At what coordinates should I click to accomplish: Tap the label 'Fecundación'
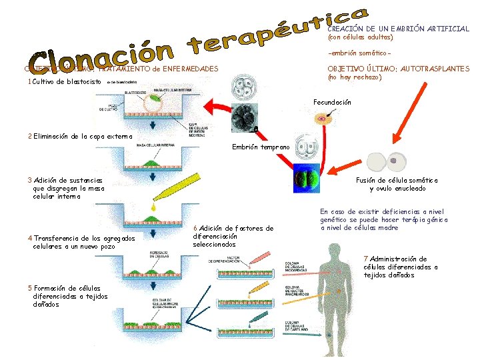click(331, 102)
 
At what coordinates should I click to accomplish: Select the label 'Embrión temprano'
click(261, 147)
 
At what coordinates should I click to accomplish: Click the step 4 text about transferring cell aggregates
click(81, 242)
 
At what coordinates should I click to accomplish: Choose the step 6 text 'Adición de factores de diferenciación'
click(233, 236)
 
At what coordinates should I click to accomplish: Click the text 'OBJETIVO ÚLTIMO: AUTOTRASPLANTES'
click(398, 69)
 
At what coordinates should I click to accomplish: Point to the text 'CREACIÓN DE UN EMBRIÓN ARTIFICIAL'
click(398, 29)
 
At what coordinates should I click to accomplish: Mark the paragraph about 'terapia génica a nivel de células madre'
click(384, 219)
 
